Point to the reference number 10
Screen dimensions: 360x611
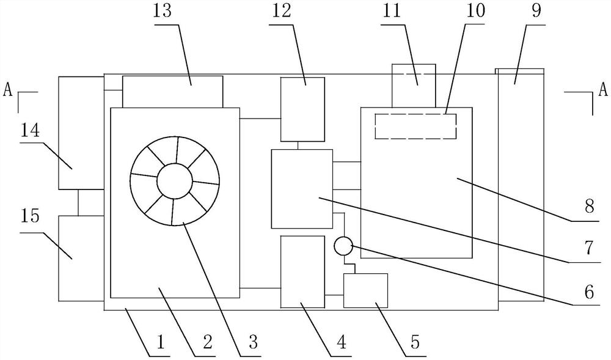[x=470, y=13]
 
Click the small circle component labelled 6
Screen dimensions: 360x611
[x=343, y=246]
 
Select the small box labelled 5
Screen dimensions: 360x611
[x=365, y=290]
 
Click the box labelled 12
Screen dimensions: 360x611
[x=302, y=109]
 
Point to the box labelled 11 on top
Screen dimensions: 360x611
[x=414, y=84]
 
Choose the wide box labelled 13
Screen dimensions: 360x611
[x=173, y=92]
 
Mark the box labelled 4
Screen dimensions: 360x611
[x=302, y=271]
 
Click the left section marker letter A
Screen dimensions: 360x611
[x=8, y=90]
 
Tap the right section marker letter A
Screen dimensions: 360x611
[x=603, y=90]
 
